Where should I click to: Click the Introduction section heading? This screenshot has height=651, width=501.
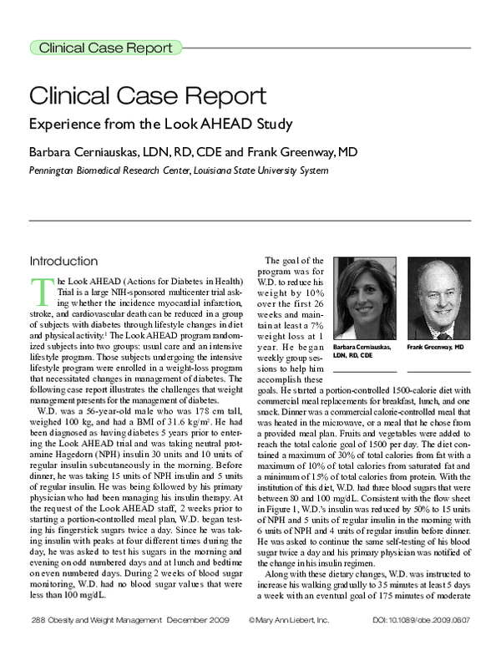[63, 260]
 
